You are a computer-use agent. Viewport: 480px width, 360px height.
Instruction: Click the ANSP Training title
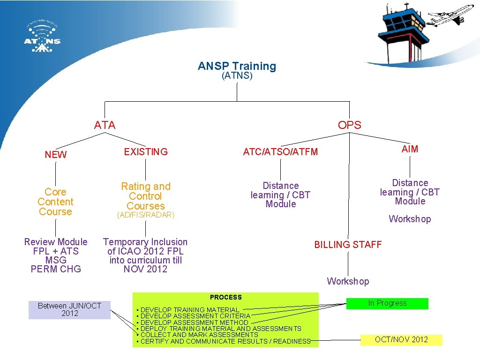(x=237, y=66)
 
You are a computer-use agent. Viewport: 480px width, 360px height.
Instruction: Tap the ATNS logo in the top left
(x=42, y=37)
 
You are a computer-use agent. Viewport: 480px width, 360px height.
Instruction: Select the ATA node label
(x=105, y=125)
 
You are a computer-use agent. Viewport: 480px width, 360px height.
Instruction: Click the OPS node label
(x=349, y=125)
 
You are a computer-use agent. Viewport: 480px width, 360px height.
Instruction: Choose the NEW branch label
(x=56, y=155)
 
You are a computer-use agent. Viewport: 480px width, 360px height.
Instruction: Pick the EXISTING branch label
(x=145, y=152)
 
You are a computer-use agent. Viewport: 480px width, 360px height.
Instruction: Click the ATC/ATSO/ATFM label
(x=280, y=152)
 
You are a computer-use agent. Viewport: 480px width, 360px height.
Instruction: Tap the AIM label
(x=410, y=149)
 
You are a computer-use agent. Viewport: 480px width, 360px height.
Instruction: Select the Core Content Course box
(x=56, y=202)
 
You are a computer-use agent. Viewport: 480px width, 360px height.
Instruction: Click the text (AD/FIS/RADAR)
(x=145, y=215)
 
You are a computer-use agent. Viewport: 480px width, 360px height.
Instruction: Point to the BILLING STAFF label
(x=348, y=245)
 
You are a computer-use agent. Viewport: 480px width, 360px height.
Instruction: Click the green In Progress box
(x=387, y=303)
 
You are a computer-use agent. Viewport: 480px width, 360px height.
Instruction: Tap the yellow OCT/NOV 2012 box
(x=401, y=340)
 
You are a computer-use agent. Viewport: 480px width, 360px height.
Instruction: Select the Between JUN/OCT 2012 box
(x=69, y=310)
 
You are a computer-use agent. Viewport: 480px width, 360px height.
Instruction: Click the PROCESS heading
(x=226, y=297)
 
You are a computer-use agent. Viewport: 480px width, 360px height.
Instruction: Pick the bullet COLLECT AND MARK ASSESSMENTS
(x=199, y=335)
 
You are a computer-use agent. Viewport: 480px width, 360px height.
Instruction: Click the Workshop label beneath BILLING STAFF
(x=348, y=281)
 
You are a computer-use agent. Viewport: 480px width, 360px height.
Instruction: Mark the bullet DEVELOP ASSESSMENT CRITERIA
(x=195, y=316)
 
